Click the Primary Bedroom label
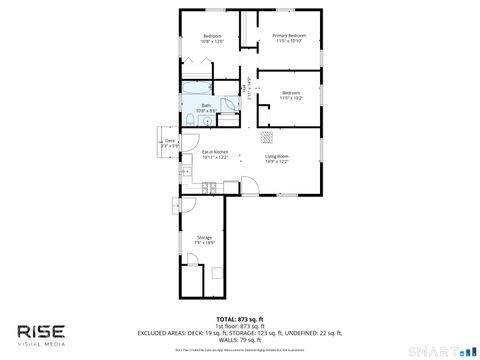click(289, 36)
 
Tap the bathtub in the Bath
click(194, 99)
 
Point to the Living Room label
click(277, 156)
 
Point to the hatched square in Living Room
click(266, 137)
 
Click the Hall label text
click(245, 92)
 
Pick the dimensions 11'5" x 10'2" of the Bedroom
click(290, 97)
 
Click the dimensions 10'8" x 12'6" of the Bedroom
click(211, 42)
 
